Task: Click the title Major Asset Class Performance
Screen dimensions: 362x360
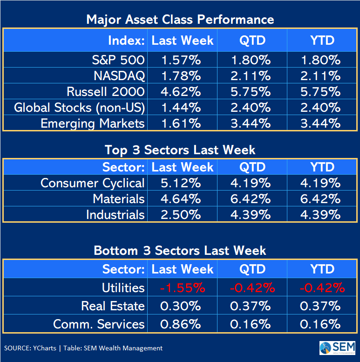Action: (180, 20)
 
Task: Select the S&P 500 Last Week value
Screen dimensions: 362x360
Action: (177, 60)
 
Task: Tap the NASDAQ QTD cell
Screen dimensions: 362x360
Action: (251, 75)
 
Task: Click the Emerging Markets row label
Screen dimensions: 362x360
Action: (93, 123)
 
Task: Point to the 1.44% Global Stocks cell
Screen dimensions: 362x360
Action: (177, 108)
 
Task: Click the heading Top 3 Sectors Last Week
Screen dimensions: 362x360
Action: (180, 150)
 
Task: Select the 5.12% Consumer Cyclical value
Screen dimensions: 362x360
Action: (177, 183)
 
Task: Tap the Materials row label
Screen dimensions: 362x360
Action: (118, 199)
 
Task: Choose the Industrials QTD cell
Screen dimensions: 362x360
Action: (251, 215)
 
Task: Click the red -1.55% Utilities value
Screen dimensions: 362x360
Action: (182, 287)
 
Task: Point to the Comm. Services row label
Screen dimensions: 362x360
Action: (99, 324)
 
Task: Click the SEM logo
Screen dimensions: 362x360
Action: (337, 348)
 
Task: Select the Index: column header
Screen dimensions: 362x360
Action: (127, 41)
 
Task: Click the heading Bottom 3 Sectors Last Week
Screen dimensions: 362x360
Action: (180, 250)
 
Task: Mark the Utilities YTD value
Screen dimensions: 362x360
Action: (322, 287)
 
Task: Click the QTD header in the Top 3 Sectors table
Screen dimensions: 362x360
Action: (252, 167)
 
